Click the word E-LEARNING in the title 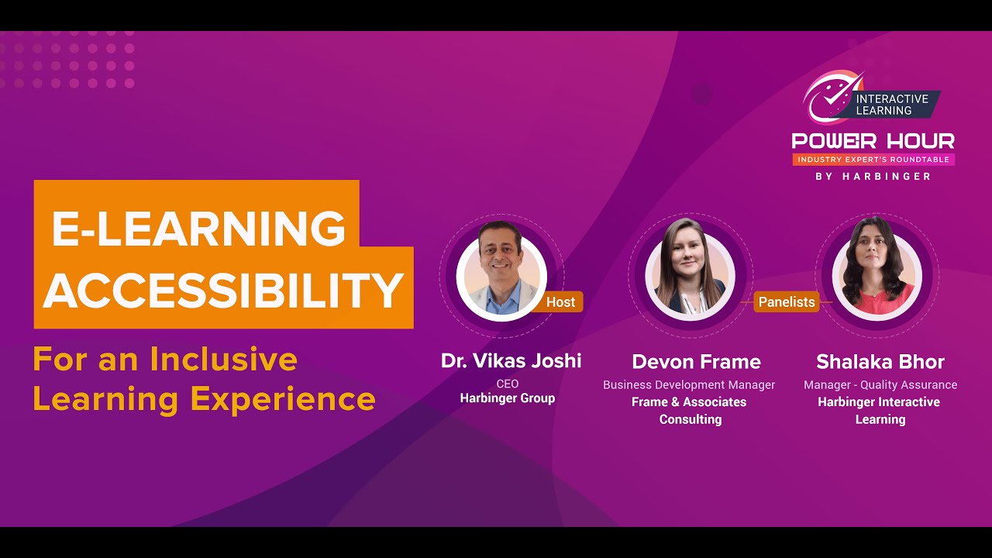pyautogui.click(x=198, y=228)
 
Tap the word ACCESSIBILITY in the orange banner pyautogui.click(x=223, y=290)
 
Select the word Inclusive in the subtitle pyautogui.click(x=224, y=360)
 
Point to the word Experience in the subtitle pyautogui.click(x=283, y=399)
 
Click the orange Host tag pyautogui.click(x=560, y=302)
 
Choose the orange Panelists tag pyautogui.click(x=787, y=302)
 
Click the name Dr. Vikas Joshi pyautogui.click(x=511, y=361)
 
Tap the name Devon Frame pyautogui.click(x=696, y=362)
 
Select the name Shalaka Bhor pyautogui.click(x=880, y=362)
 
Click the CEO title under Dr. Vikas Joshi pyautogui.click(x=508, y=384)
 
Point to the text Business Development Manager pyautogui.click(x=689, y=384)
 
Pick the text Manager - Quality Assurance pyautogui.click(x=880, y=384)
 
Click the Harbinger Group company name pyautogui.click(x=508, y=398)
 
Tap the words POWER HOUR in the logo pyautogui.click(x=873, y=141)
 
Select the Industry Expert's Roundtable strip pyautogui.click(x=873, y=160)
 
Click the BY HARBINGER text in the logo pyautogui.click(x=873, y=177)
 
